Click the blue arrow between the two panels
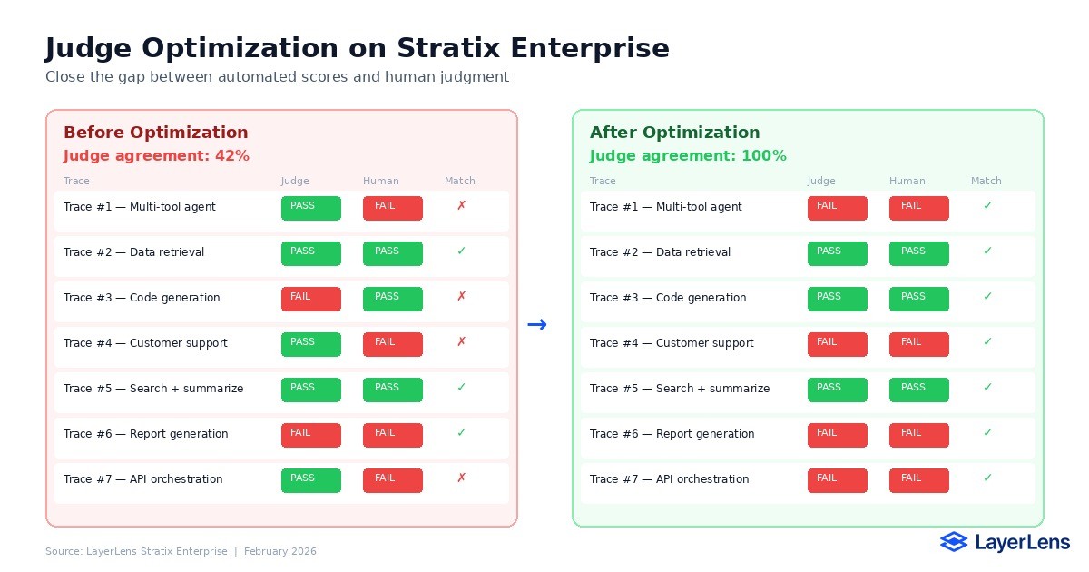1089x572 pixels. click(536, 325)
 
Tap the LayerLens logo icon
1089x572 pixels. click(954, 542)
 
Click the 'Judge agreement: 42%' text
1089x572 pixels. click(156, 156)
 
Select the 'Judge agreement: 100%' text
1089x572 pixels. click(688, 156)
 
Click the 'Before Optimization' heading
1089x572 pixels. click(155, 133)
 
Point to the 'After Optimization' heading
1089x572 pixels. click(674, 133)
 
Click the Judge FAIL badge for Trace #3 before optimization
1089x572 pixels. click(310, 299)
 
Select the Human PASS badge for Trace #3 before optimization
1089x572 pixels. click(392, 299)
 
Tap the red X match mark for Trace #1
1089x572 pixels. click(461, 207)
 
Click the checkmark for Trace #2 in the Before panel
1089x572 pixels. click(461, 252)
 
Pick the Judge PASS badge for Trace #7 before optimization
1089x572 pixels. click(310, 480)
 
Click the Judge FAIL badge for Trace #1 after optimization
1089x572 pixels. click(837, 208)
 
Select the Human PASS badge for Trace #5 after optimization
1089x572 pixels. click(918, 390)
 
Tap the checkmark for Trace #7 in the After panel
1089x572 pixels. click(987, 479)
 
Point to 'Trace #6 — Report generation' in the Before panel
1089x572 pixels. click(145, 434)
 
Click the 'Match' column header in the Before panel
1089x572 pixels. click(460, 181)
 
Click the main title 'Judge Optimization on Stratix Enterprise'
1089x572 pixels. click(358, 48)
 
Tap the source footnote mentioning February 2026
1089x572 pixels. click(181, 551)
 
